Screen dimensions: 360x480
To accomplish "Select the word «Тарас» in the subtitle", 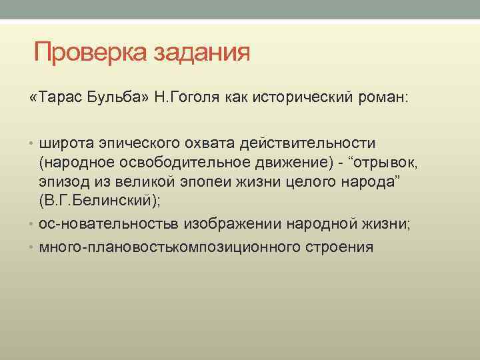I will (x=67, y=99).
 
